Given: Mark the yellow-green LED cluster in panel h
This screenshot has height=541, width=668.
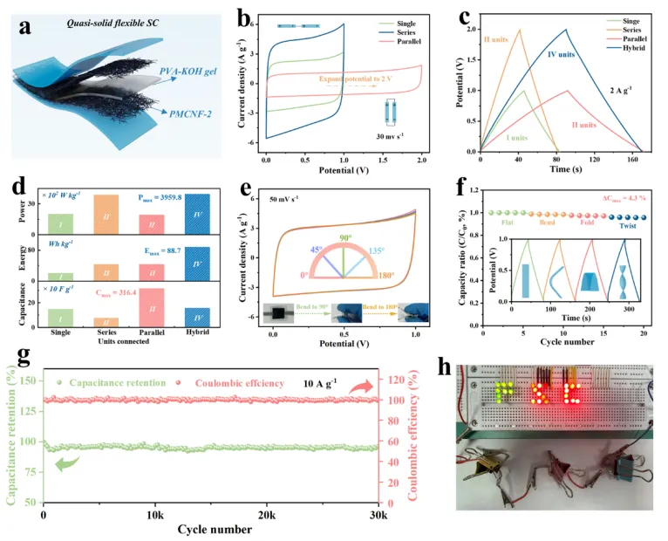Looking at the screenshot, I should [x=503, y=392].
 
